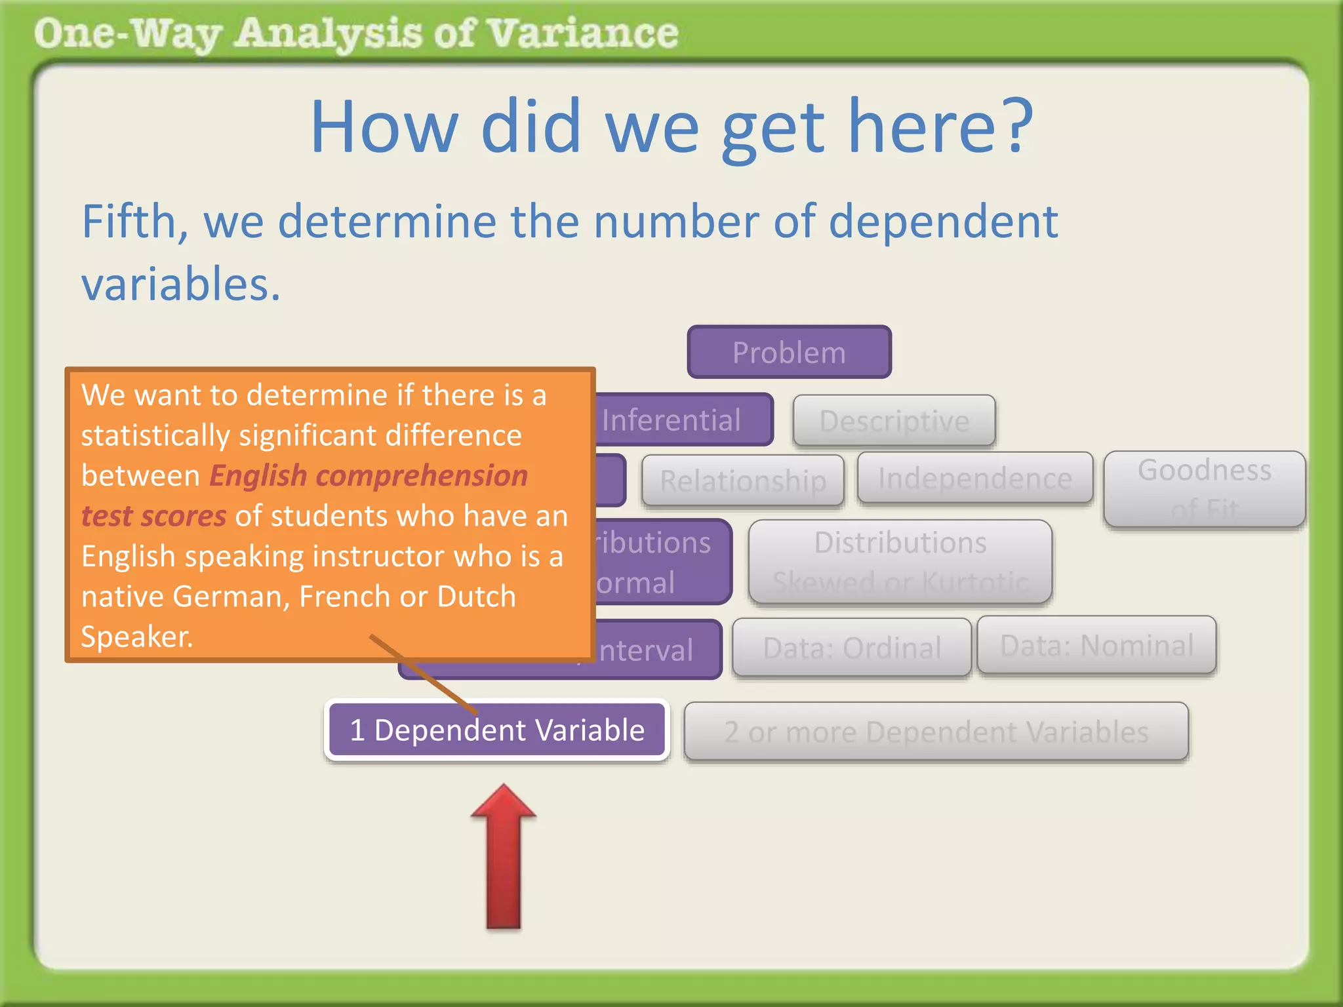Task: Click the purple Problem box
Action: click(789, 353)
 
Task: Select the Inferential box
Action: click(682, 420)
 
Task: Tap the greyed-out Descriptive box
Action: click(894, 421)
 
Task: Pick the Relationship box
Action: click(742, 481)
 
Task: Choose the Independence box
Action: click(974, 479)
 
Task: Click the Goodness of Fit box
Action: click(1204, 488)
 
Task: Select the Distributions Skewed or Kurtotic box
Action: click(900, 562)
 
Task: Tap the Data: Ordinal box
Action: click(851, 648)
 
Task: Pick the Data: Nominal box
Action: click(1096, 645)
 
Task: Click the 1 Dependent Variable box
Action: click(497, 730)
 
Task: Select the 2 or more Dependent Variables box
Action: click(936, 732)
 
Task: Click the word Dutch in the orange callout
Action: click(476, 597)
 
